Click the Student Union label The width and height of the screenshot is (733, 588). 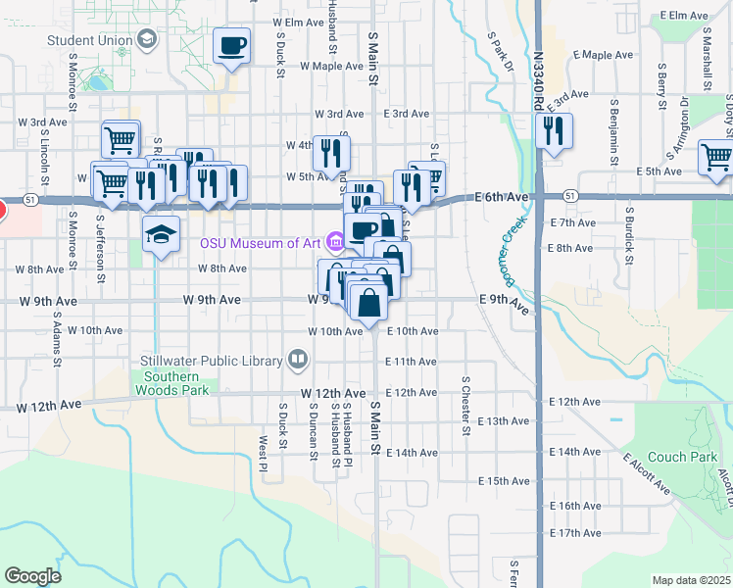(90, 41)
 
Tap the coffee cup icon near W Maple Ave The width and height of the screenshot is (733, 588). (232, 46)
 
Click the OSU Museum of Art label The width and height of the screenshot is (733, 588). (262, 243)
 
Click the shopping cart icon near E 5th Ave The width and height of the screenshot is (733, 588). (716, 156)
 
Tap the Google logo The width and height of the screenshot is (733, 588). (32, 575)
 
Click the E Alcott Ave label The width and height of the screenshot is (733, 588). (646, 473)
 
